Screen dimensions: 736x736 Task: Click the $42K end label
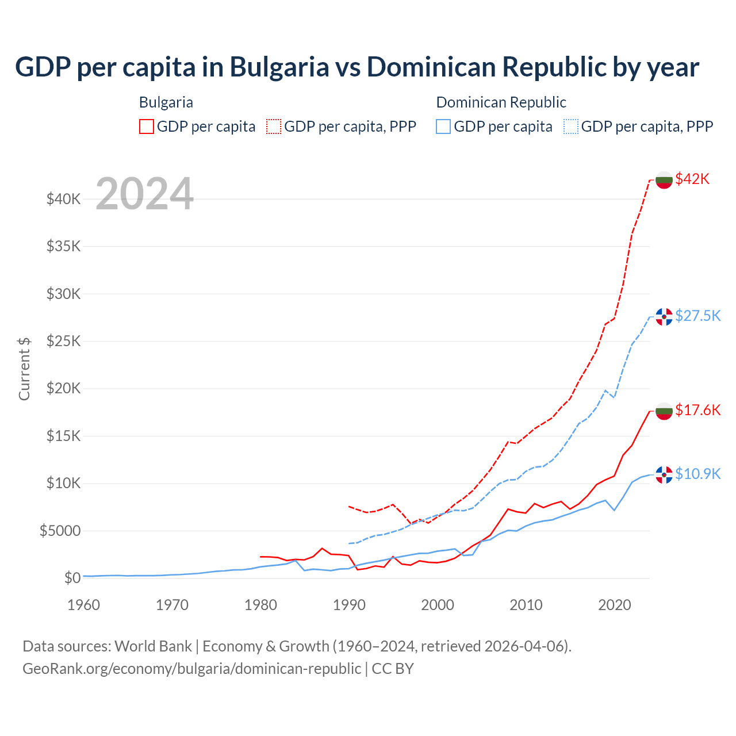[x=692, y=179]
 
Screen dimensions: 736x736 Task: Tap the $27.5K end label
[x=697, y=316]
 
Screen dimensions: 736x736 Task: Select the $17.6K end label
[x=697, y=410]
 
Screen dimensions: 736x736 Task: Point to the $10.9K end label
[x=697, y=474]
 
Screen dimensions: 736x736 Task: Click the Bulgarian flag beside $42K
[x=664, y=180]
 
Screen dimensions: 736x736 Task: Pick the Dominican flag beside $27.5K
[x=664, y=317]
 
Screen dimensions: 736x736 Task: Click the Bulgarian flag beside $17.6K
[x=664, y=411]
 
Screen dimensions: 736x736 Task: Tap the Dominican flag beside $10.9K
[x=664, y=475]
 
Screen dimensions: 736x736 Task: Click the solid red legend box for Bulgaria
[x=147, y=126]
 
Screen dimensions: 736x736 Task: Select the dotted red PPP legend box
[x=274, y=126]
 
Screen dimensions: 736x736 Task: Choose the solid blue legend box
[x=443, y=126]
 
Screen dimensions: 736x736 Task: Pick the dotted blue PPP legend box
[x=571, y=126]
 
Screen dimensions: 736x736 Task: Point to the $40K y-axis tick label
[x=63, y=200]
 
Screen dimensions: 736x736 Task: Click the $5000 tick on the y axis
[x=60, y=531]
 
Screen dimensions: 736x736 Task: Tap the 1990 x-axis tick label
[x=349, y=605]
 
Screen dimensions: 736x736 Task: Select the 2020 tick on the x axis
[x=615, y=605]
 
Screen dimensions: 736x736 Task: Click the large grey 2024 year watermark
[x=144, y=194]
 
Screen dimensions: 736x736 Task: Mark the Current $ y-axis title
[x=24, y=369]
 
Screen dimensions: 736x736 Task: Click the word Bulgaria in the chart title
[x=279, y=67]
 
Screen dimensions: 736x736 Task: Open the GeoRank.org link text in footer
[x=191, y=669]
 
